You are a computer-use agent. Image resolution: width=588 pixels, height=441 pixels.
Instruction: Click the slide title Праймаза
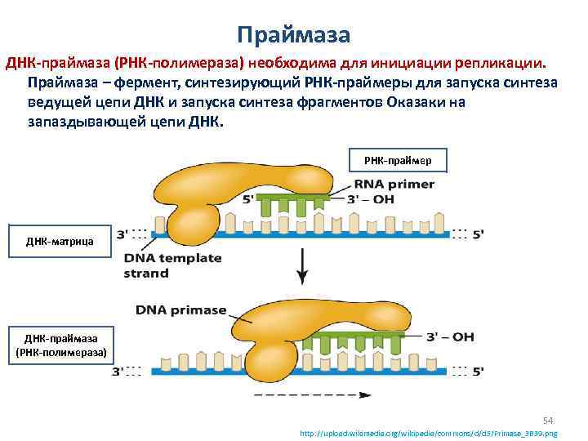click(293, 34)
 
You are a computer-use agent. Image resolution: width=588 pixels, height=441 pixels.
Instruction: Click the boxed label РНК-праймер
click(397, 161)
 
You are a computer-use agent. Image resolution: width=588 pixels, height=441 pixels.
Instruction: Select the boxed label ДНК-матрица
click(59, 241)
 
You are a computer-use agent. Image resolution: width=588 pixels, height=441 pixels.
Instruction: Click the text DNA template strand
click(172, 265)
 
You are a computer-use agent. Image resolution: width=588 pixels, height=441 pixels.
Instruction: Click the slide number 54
click(549, 419)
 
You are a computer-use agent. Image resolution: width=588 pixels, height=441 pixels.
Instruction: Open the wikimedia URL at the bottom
click(430, 434)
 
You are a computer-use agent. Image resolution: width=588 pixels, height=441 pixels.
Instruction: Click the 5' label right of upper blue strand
click(479, 234)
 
